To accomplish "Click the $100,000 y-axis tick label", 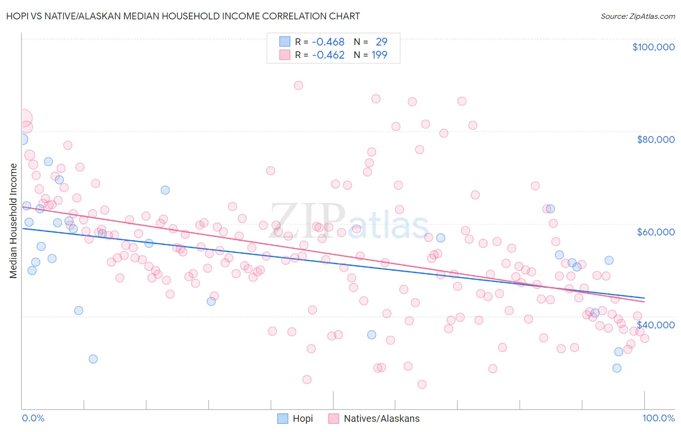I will pyautogui.click(x=653, y=47).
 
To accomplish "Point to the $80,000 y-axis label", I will pyautogui.click(x=655, y=139).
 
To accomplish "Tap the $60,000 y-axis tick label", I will pyautogui.click(x=655, y=232).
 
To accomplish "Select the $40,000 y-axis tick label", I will pyautogui.click(x=655, y=324).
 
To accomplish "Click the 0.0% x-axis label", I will pyautogui.click(x=33, y=418).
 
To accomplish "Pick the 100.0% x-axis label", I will pyautogui.click(x=658, y=418).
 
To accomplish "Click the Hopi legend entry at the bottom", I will pyautogui.click(x=303, y=418).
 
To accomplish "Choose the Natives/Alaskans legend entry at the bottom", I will pyautogui.click(x=381, y=418).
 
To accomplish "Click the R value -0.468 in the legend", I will pyautogui.click(x=328, y=42).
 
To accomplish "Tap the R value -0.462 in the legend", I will pyautogui.click(x=328, y=55).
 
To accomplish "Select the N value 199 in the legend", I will pyautogui.click(x=379, y=55).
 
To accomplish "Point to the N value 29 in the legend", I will pyautogui.click(x=381, y=42).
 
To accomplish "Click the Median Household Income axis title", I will pyautogui.click(x=14, y=221).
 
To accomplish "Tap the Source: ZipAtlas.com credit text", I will pyautogui.click(x=637, y=16).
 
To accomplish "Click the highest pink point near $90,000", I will pyautogui.click(x=298, y=85).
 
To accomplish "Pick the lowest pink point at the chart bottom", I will pyautogui.click(x=422, y=384).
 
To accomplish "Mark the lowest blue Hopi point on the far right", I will pyautogui.click(x=617, y=368).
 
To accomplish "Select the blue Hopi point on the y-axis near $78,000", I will pyautogui.click(x=22, y=139).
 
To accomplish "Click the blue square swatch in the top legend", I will pyautogui.click(x=284, y=42).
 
